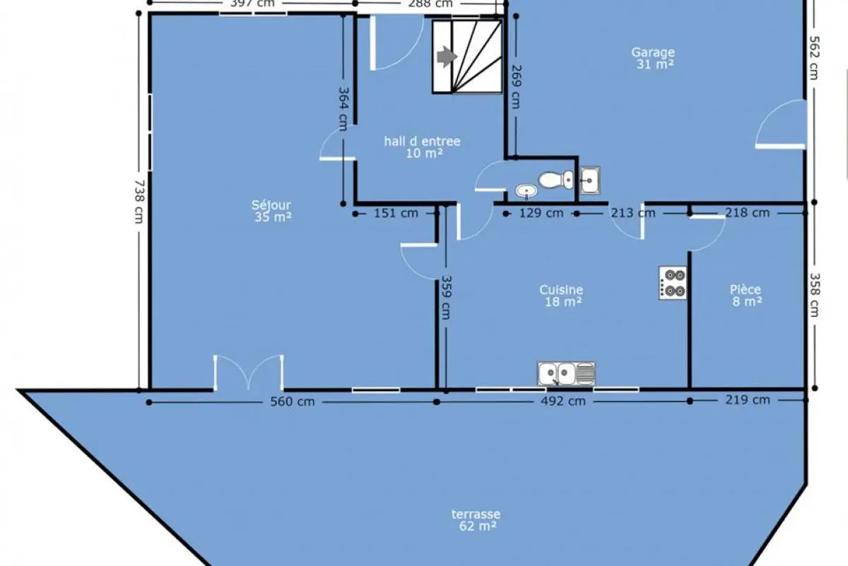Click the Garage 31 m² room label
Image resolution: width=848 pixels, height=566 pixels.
pyautogui.click(x=653, y=58)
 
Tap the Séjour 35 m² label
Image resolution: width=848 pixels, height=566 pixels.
pyautogui.click(x=272, y=211)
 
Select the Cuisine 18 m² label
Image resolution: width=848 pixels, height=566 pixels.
pyautogui.click(x=562, y=296)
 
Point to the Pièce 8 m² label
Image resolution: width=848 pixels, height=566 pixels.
pyautogui.click(x=746, y=295)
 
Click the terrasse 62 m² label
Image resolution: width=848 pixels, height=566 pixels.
pyautogui.click(x=476, y=520)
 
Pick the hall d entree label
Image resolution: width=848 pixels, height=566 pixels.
pyautogui.click(x=423, y=141)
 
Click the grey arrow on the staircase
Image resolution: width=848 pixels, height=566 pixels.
pyautogui.click(x=447, y=57)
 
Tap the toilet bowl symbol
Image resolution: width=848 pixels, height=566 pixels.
pyautogui.click(x=556, y=180)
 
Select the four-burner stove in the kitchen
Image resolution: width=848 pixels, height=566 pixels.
pyautogui.click(x=673, y=283)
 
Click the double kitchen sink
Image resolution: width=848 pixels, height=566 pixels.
pyautogui.click(x=566, y=374)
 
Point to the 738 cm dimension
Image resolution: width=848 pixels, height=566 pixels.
pyautogui.click(x=139, y=202)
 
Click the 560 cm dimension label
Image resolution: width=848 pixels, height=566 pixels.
pyautogui.click(x=293, y=401)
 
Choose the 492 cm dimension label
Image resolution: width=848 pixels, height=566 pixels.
pyautogui.click(x=563, y=401)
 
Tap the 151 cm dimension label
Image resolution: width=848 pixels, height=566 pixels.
pyautogui.click(x=396, y=214)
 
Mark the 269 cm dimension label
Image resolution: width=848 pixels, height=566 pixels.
pyautogui.click(x=516, y=87)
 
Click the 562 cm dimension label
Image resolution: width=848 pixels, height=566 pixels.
pyautogui.click(x=814, y=57)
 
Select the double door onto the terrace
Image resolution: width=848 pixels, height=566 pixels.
pyautogui.click(x=248, y=373)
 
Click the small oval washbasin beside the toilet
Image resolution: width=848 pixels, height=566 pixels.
pyautogui.click(x=526, y=191)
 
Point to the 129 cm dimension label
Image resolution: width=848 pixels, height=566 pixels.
pyautogui.click(x=541, y=214)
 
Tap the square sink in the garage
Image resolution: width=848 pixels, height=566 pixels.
pyautogui.click(x=590, y=180)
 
